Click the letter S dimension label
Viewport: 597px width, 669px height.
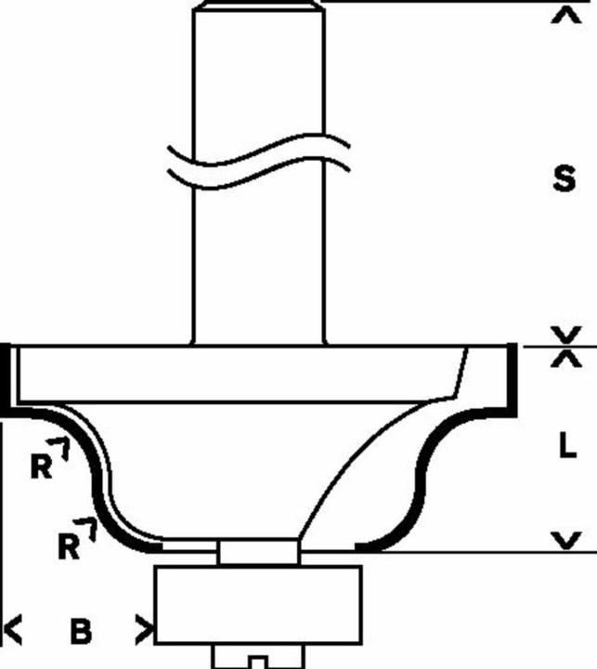click(564, 178)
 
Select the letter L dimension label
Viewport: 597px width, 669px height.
click(567, 444)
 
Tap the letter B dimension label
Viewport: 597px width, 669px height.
click(81, 631)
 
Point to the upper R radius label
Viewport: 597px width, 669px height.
click(42, 466)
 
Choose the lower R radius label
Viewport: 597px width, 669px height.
click(69, 546)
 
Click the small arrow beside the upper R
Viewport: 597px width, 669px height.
click(59, 448)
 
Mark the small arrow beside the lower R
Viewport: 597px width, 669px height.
click(86, 529)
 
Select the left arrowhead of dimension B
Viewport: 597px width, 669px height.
click(13, 630)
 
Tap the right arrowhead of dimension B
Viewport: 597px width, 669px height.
click(144, 630)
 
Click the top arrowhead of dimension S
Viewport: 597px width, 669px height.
click(566, 16)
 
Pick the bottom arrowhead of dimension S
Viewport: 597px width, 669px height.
click(566, 334)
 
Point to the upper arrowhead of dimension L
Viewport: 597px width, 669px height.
click(566, 359)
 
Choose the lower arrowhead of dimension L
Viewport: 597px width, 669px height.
click(566, 540)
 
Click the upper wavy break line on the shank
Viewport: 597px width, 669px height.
click(258, 151)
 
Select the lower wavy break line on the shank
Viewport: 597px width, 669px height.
click(258, 173)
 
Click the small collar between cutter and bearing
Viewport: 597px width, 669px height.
click(258, 552)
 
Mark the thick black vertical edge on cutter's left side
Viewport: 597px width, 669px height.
click(6, 380)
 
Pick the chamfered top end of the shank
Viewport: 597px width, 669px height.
click(258, 5)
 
